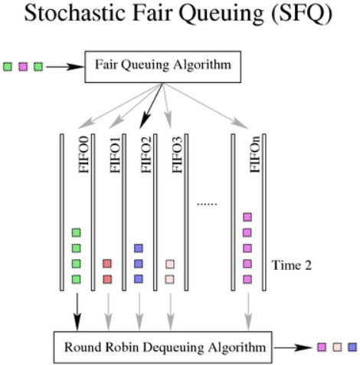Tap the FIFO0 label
click(x=83, y=155)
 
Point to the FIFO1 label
click(x=115, y=155)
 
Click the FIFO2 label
click(x=146, y=155)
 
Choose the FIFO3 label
click(x=177, y=155)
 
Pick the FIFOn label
click(x=255, y=154)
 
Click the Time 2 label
click(x=291, y=265)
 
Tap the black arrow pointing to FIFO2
click(x=151, y=106)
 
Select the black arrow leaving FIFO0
click(x=77, y=312)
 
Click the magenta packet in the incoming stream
click(x=23, y=67)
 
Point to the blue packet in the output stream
click(x=352, y=347)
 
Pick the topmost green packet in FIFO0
click(x=76, y=232)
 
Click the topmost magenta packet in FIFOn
click(x=247, y=217)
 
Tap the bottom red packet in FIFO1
click(x=107, y=279)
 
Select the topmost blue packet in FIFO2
click(x=139, y=248)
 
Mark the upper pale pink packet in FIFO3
click(x=170, y=264)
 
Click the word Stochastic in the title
click(x=74, y=13)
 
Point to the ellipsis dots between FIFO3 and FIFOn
click(x=207, y=204)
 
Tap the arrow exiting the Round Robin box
click(x=293, y=347)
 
